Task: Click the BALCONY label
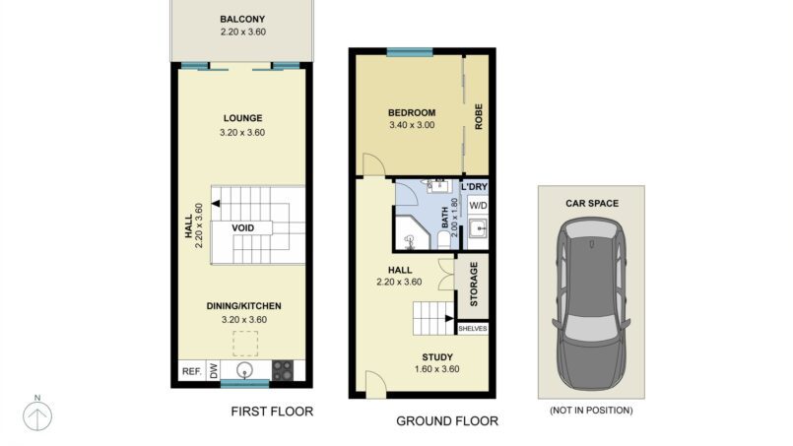click(242, 20)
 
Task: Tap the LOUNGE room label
click(242, 118)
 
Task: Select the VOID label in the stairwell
click(242, 228)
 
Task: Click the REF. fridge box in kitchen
click(192, 371)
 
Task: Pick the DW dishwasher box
click(214, 371)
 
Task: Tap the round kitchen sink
click(245, 370)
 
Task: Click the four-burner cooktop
click(283, 370)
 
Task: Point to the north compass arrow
click(37, 416)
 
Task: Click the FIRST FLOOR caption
click(272, 412)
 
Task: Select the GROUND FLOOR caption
click(447, 420)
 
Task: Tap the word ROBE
click(479, 116)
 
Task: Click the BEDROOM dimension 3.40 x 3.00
click(412, 125)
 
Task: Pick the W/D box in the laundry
click(478, 206)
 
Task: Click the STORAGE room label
click(474, 285)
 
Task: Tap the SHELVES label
click(473, 329)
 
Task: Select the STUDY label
click(437, 357)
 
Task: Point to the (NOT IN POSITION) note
click(591, 411)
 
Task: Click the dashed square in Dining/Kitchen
click(245, 344)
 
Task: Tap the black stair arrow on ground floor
click(449, 319)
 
